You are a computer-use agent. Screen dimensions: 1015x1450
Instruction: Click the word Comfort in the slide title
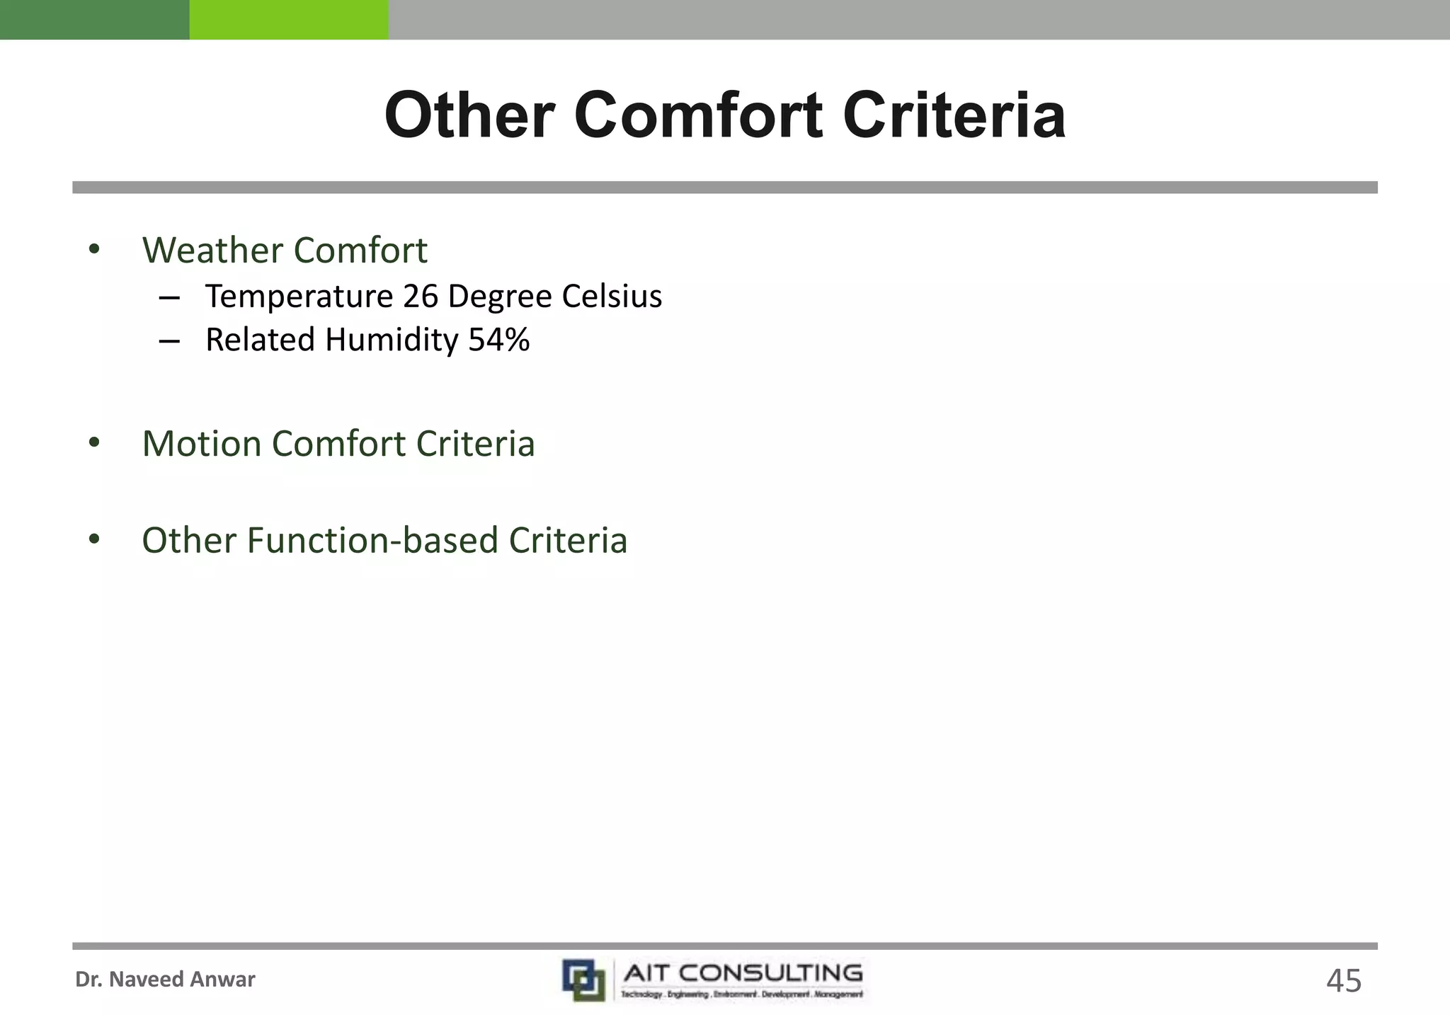pyautogui.click(x=698, y=115)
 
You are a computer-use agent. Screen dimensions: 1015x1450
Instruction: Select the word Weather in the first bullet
pyautogui.click(x=213, y=250)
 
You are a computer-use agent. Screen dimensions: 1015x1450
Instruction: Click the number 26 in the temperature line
pyautogui.click(x=421, y=296)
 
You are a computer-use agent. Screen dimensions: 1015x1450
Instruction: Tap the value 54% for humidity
pyautogui.click(x=499, y=340)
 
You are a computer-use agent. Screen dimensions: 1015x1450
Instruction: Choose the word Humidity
pyautogui.click(x=392, y=340)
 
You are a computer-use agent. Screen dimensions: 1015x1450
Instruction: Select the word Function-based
pyautogui.click(x=372, y=540)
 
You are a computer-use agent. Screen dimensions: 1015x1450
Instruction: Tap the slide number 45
pyautogui.click(x=1343, y=981)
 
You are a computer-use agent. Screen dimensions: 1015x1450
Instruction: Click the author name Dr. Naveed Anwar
pyautogui.click(x=165, y=980)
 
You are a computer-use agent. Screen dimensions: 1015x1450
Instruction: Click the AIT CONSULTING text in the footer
pyautogui.click(x=743, y=973)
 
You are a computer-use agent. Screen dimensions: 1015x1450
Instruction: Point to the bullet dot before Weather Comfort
pyautogui.click(x=94, y=249)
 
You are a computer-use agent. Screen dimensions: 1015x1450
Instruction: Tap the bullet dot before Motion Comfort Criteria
pyautogui.click(x=94, y=443)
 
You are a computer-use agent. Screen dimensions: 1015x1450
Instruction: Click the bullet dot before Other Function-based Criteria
pyautogui.click(x=94, y=539)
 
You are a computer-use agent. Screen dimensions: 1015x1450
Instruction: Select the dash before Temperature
pyautogui.click(x=169, y=297)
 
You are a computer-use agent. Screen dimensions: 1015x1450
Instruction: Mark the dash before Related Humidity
pyautogui.click(x=169, y=340)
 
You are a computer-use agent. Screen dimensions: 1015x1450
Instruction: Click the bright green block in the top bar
pyautogui.click(x=289, y=19)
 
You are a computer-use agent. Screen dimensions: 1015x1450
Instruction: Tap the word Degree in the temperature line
pyautogui.click(x=500, y=297)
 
